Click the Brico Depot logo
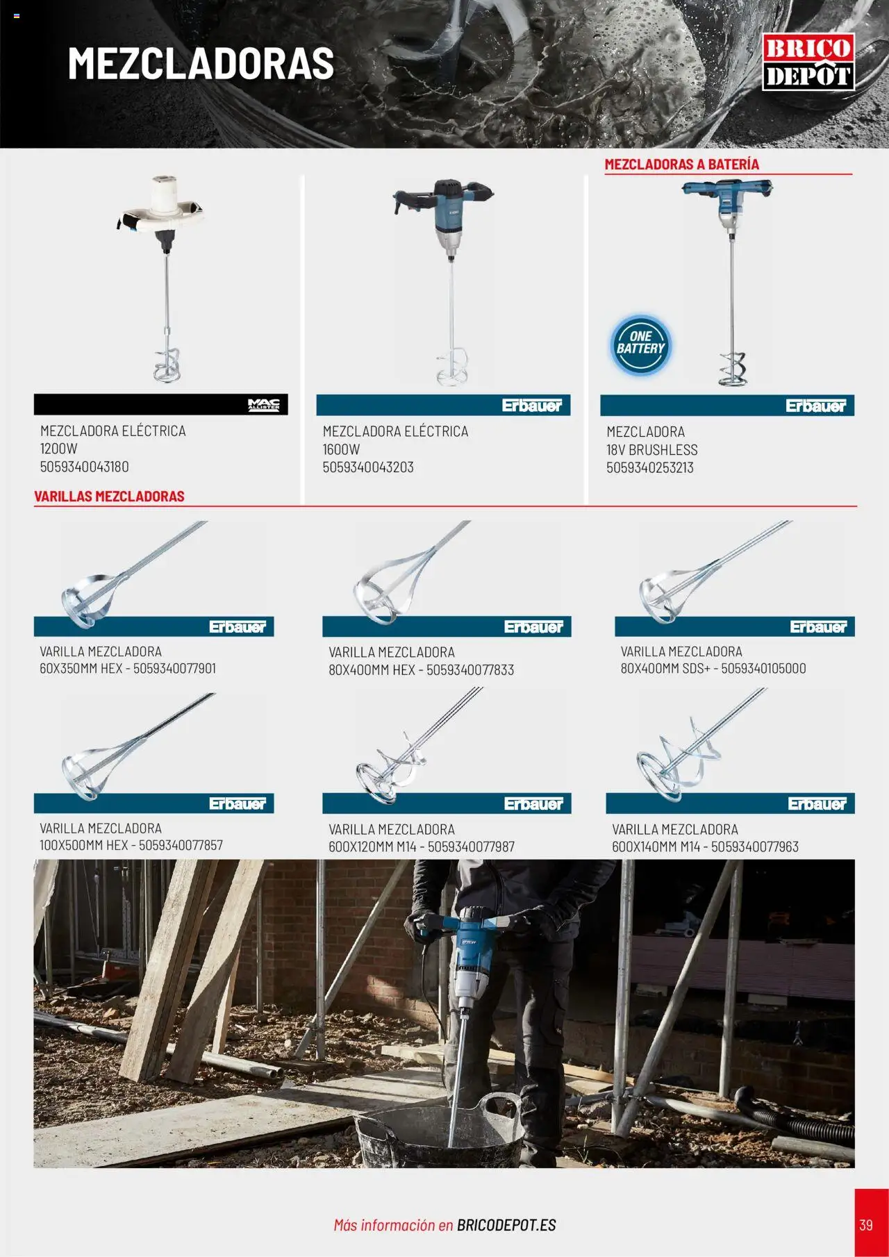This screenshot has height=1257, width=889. coord(808,62)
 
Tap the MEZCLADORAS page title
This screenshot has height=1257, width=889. coord(201,63)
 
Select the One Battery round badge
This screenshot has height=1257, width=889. coord(640,345)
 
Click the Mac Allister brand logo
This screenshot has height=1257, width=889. coord(263,405)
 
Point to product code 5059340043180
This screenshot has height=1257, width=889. coord(84,467)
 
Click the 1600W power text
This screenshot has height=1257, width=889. coord(341,449)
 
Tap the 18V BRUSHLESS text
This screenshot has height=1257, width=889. coord(651,450)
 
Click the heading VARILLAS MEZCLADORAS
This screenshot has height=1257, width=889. coord(109,496)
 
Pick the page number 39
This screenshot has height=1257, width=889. coord(865,1224)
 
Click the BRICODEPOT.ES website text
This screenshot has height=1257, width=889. coord(506,1225)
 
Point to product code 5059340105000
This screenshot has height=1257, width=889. coord(763,669)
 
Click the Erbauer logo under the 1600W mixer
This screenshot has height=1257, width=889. coord(531,406)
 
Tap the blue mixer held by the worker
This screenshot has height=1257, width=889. coord(473,958)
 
